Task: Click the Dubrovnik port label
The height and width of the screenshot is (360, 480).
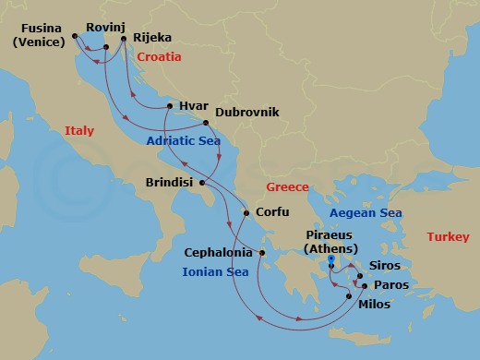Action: [246, 114]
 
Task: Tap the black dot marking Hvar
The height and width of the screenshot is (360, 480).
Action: [169, 106]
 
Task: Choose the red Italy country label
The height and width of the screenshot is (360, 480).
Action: [79, 132]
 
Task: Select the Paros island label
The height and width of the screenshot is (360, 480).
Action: [392, 285]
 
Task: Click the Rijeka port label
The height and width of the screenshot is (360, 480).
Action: [152, 39]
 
